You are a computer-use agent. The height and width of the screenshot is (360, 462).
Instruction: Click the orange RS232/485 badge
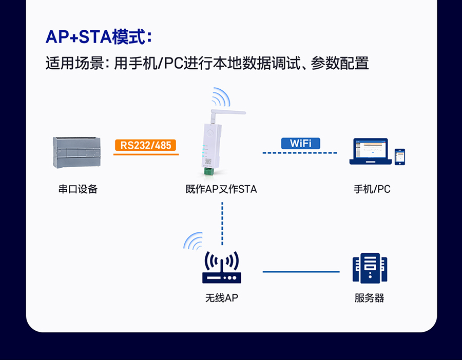146,145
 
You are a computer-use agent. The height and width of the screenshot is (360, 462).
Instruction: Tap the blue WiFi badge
300,143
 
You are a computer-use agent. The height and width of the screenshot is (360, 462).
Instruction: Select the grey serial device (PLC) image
77,152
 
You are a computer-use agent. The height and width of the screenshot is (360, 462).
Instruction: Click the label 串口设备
78,189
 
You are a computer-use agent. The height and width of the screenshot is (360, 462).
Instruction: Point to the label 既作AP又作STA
221,189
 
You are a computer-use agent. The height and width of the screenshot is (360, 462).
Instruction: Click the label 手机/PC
372,189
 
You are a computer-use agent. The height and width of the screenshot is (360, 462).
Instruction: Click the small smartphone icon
399,156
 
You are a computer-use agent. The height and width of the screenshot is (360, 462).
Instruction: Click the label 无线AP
221,298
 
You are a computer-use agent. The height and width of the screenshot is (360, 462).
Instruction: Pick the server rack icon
369,268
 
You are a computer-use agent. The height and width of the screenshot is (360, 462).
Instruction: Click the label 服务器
369,298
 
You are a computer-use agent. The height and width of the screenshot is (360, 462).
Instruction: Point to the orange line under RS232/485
146,154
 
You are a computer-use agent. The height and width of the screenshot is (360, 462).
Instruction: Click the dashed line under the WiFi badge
300,153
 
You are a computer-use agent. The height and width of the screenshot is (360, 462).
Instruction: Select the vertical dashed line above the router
222,223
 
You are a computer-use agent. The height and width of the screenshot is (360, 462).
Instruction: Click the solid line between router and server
301,271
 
